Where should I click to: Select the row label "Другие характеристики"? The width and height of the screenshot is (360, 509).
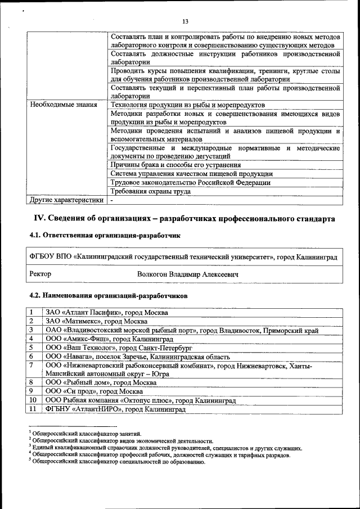pyautogui.click(x=67, y=200)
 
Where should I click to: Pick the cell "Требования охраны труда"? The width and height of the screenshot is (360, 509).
pyautogui.click(x=151, y=191)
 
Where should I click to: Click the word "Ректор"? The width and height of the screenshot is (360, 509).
pyautogui.click(x=40, y=274)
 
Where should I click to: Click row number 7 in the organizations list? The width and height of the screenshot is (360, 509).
pyautogui.click(x=33, y=366)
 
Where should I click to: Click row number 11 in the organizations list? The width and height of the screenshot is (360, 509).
pyautogui.click(x=33, y=409)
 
